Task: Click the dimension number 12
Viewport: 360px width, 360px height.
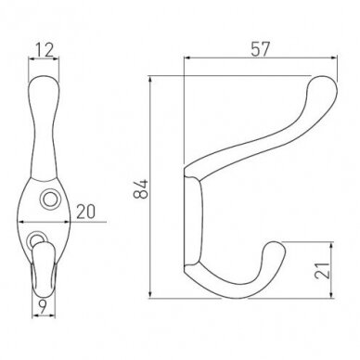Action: pos(45,50)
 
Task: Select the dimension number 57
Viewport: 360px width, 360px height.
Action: pos(260,49)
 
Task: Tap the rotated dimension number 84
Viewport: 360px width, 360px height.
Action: pos(141,188)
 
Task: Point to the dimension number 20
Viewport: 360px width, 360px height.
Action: pos(85,212)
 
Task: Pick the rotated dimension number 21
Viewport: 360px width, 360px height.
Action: pos(322,271)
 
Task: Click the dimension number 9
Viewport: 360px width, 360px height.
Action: pos(43,306)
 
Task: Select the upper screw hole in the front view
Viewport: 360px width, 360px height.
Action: pos(49,199)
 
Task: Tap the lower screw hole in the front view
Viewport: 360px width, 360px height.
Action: pos(36,238)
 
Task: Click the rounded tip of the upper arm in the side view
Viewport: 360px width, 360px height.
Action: pos(323,85)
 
